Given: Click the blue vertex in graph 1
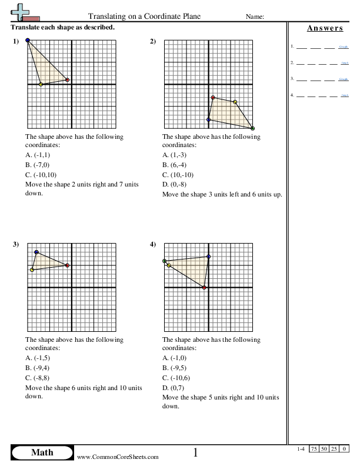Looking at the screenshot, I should pos(28,41).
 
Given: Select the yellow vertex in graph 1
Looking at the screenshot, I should pos(41,85).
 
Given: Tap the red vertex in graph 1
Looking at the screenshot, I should pos(68,80).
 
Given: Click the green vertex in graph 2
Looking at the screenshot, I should pos(252,128).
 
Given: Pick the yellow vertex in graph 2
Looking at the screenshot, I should pos(235,102).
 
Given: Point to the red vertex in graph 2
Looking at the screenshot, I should pos(213,98).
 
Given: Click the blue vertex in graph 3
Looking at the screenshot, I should pos(36,252).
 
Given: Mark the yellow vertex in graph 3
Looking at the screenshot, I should pos(32,269).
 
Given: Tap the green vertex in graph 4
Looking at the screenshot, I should pos(165,261).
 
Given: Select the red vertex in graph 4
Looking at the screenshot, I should pos(204,287).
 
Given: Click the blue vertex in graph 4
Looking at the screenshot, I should pos(208,257).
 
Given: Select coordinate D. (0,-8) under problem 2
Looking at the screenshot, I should pos(178,184).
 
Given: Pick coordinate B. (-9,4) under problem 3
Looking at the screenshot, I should pos(38,368).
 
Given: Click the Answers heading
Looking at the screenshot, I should pos(325,28).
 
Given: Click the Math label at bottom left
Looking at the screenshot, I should pos(42,452).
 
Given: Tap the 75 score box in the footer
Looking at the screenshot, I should pos(315,449).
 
